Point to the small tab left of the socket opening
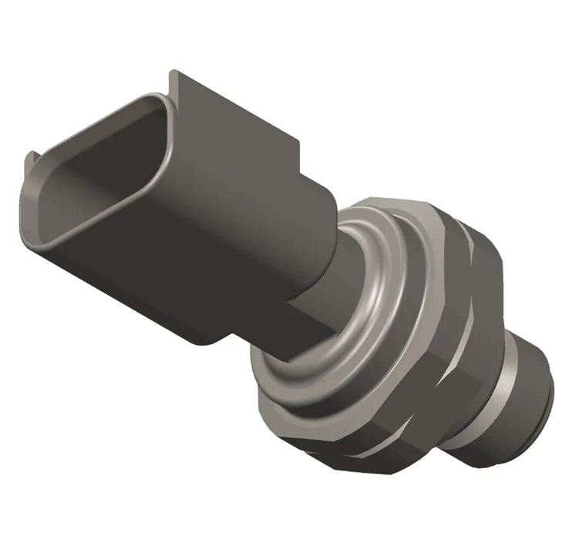(32, 162)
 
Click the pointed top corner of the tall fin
(174, 73)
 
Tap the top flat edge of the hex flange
(386, 202)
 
